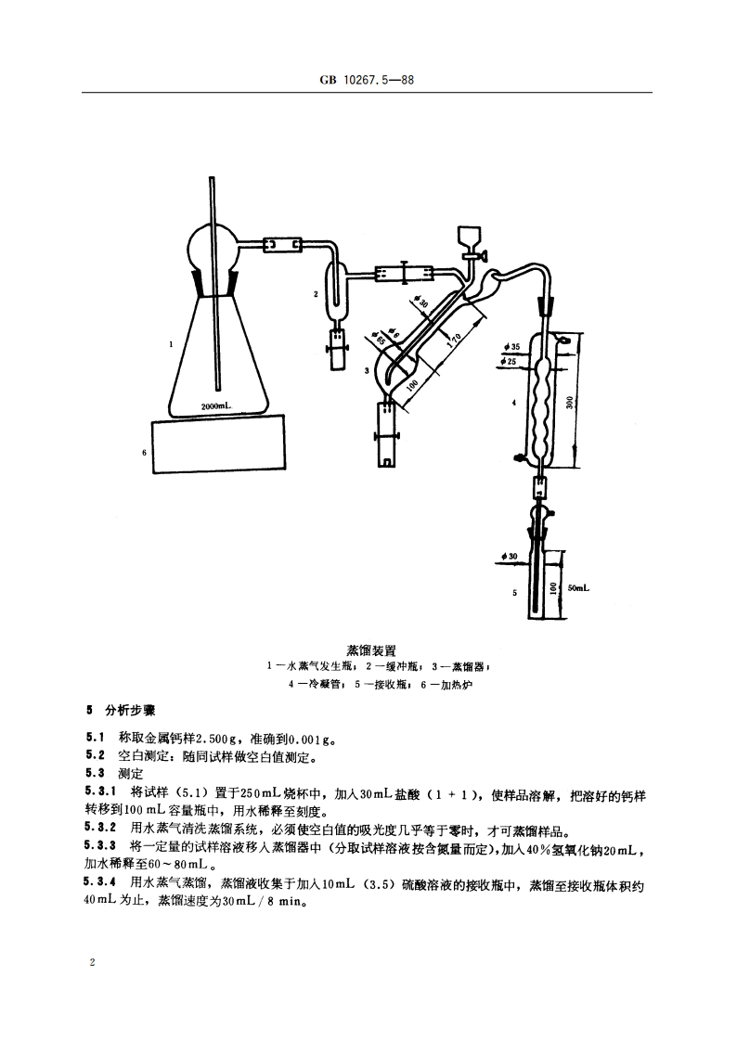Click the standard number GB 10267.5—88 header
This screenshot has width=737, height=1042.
pos(368,81)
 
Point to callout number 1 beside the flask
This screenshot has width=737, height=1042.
pos(171,343)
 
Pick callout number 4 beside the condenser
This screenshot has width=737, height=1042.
pos(513,403)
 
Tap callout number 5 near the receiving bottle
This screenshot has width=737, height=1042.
pos(513,590)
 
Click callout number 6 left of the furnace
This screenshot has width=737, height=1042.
pos(144,452)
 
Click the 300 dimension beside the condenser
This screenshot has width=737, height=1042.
pos(569,400)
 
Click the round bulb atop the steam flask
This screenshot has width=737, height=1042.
pos(213,247)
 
